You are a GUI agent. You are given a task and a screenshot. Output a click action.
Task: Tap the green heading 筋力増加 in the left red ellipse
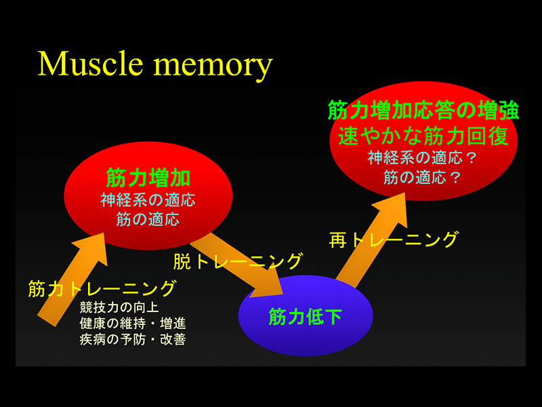coord(148,178)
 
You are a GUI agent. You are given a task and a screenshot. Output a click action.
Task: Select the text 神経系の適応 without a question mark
coord(148,201)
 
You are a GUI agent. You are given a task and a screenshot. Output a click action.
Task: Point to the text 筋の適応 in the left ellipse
coord(148,220)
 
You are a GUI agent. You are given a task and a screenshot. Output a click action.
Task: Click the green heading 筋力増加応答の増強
coord(423,111)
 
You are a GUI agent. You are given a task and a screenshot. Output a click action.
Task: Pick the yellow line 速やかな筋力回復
coord(423,136)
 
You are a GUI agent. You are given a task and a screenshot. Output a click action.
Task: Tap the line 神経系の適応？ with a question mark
coord(423,159)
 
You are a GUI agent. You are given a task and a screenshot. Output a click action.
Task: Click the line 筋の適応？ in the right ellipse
coord(423,178)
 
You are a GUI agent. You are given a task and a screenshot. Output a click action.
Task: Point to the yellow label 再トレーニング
coord(393,239)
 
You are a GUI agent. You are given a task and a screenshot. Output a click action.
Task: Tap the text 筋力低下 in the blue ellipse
coord(305,317)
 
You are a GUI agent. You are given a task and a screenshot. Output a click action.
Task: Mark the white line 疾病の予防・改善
coord(132,338)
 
